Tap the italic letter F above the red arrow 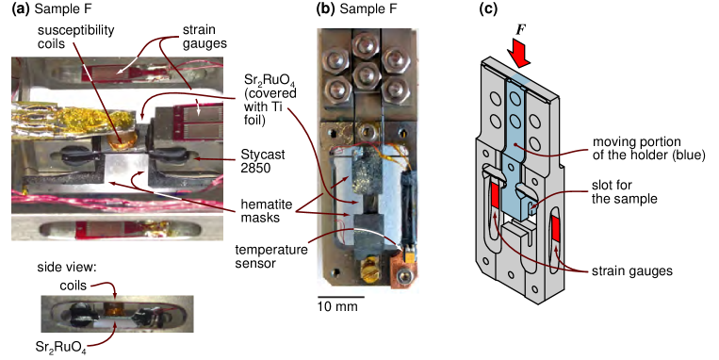click(520, 30)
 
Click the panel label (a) click(21, 8)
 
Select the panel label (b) click(326, 8)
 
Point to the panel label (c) click(488, 8)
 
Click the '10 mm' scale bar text click(337, 306)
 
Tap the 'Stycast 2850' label click(263, 161)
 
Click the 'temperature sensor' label click(271, 257)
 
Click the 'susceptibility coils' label click(75, 37)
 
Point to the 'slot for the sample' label click(624, 191)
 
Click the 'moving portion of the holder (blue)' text click(648, 148)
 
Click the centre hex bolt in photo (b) click(366, 73)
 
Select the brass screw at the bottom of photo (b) click(368, 265)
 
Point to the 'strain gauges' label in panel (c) click(632, 270)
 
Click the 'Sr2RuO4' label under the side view click(60, 348)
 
